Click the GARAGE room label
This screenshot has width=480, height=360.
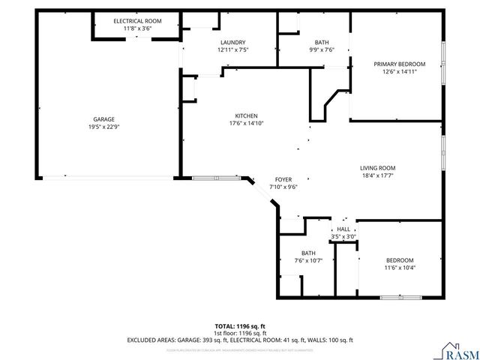[x=103, y=119]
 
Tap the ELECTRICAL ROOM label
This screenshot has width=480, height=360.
[x=133, y=20]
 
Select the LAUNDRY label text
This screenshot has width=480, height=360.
[x=232, y=42]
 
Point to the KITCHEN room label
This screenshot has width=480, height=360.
[x=247, y=115]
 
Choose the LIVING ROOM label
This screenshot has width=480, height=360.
[x=378, y=168]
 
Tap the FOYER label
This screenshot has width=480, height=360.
[x=283, y=179]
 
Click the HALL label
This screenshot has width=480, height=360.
[x=343, y=229]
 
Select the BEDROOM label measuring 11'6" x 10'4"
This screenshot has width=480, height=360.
[x=400, y=260]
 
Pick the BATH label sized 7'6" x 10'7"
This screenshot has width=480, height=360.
[x=308, y=253]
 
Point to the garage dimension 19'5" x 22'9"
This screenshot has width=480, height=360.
[x=103, y=127]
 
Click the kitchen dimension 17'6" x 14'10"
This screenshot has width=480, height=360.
[x=247, y=123]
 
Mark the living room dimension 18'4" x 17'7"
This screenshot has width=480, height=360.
[x=378, y=175]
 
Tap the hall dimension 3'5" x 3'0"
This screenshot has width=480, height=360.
[x=343, y=236]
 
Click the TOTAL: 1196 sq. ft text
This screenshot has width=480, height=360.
[x=240, y=326]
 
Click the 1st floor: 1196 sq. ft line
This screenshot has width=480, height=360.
[x=240, y=333]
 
